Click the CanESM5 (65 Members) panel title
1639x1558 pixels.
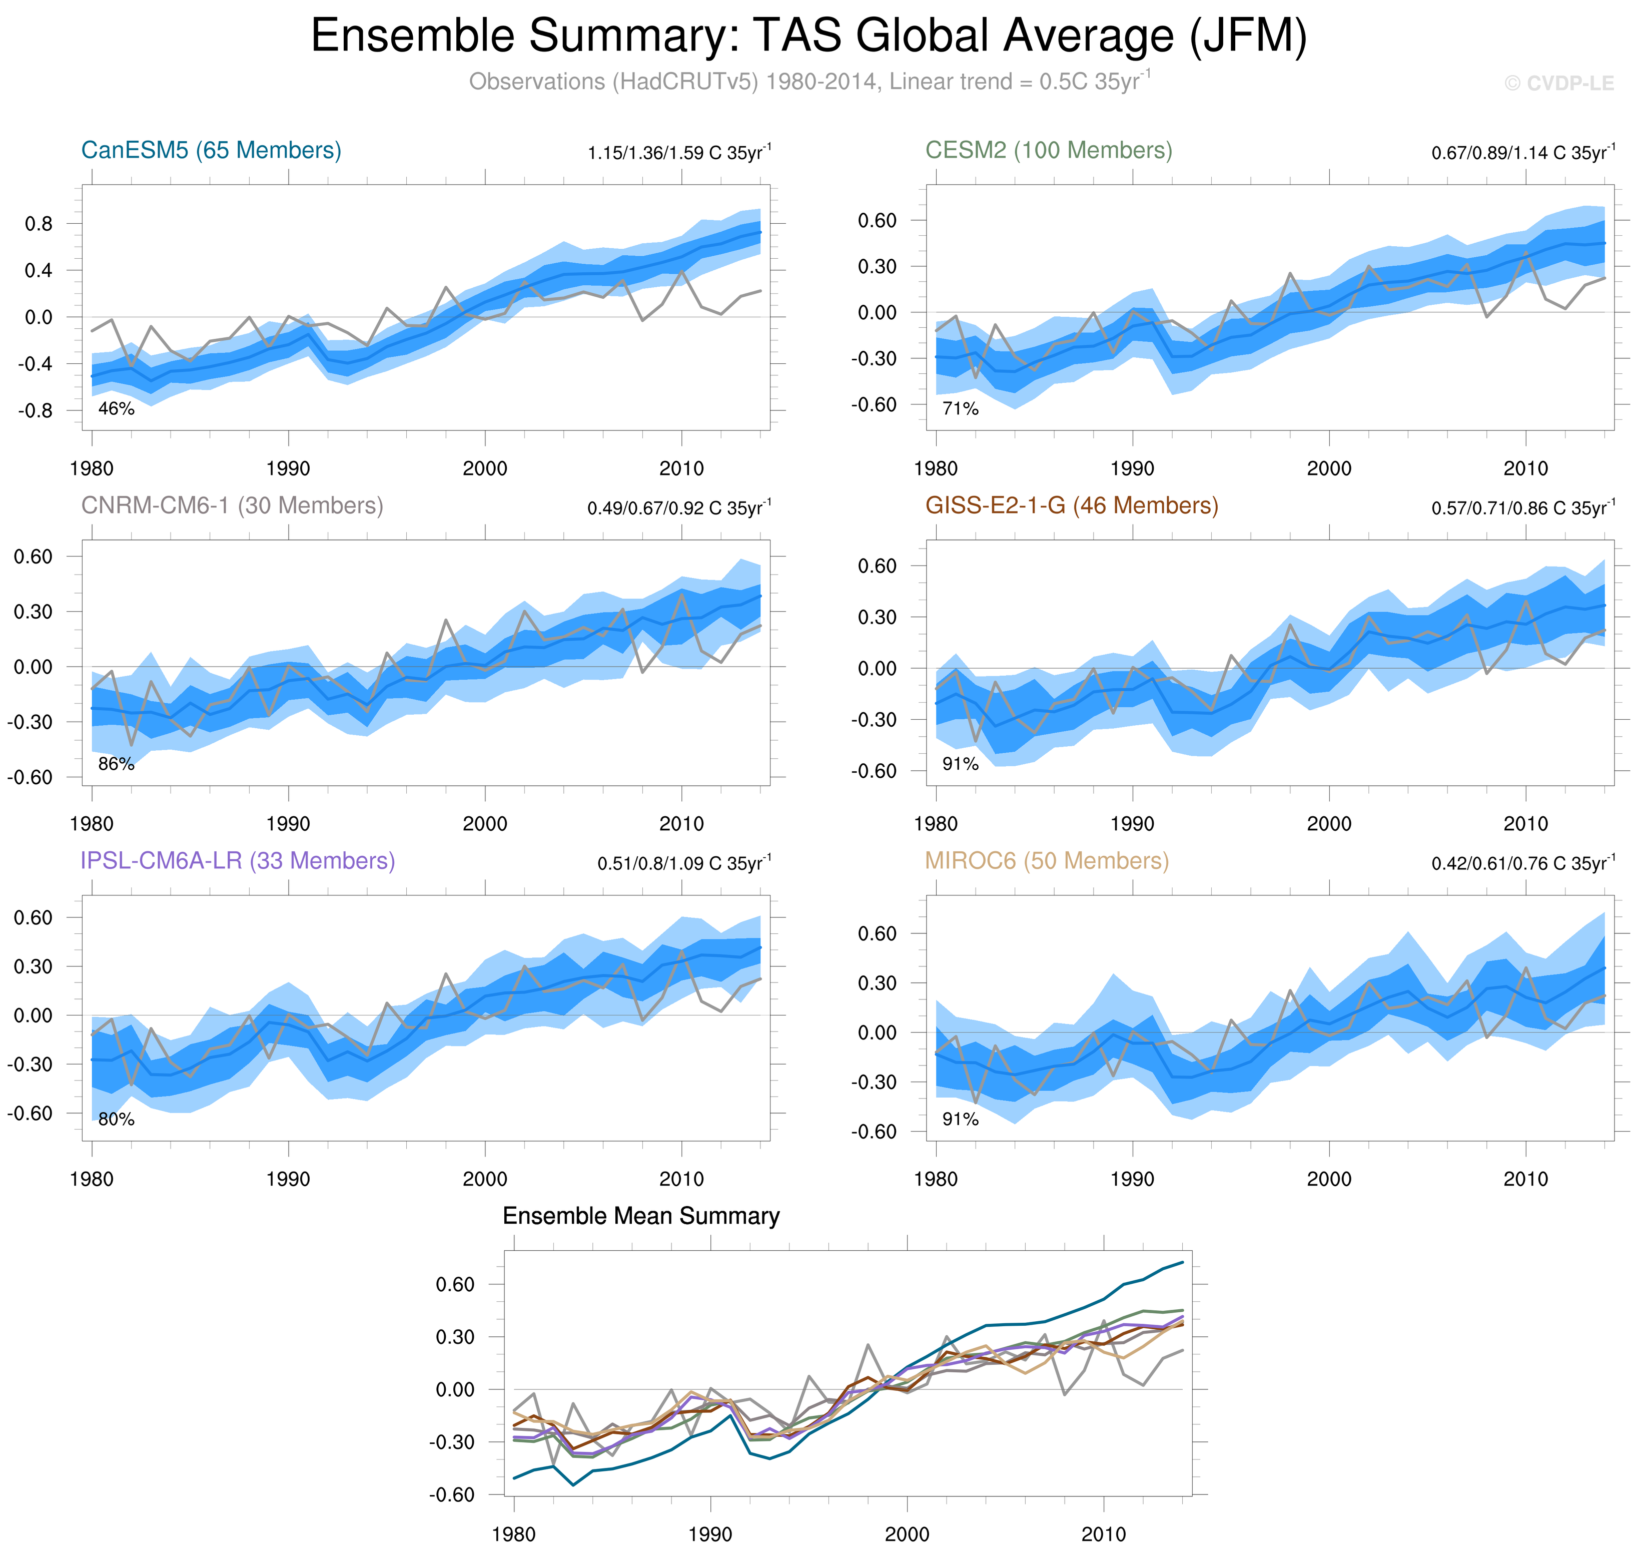tap(211, 150)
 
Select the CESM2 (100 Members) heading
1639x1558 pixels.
tap(1049, 150)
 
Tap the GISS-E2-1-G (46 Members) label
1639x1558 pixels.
tap(1071, 506)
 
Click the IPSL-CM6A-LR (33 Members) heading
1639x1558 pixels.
tap(238, 861)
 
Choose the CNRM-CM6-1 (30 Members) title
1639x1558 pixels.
tap(232, 506)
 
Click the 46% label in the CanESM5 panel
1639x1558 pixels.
tap(116, 408)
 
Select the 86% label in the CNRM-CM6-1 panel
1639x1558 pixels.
tap(116, 764)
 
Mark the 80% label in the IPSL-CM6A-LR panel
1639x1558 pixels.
tap(116, 1120)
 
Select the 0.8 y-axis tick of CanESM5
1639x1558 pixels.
tap(39, 223)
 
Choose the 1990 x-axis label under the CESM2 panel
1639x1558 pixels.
tap(1133, 468)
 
